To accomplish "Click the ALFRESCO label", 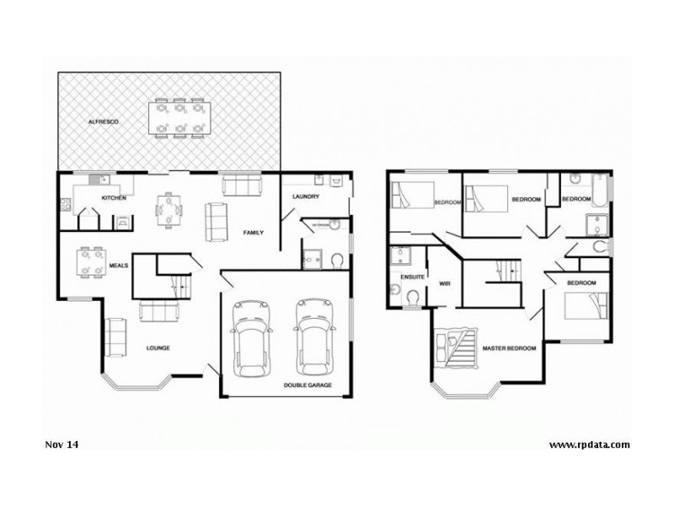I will pos(104,122).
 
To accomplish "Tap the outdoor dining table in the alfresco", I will pos(178,117).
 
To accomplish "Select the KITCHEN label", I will pos(114,197).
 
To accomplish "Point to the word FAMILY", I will pos(254,232).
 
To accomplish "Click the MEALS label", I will pos(118,266).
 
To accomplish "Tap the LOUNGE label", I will pos(158,347).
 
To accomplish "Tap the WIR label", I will pos(445,284).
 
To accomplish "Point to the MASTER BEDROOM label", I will pos(509,348).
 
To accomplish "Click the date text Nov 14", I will pos(56,444).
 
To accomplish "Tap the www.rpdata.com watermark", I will pos(589,444).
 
